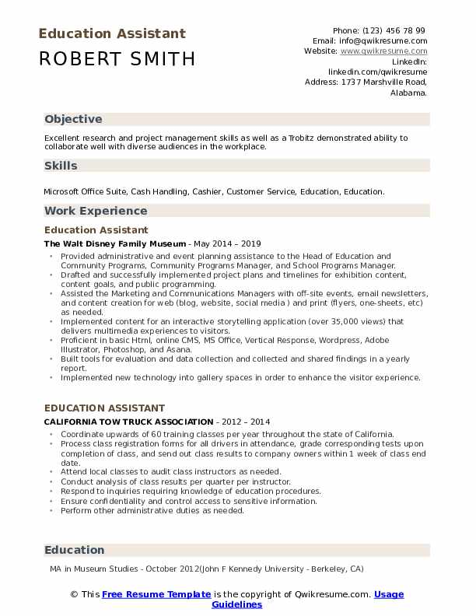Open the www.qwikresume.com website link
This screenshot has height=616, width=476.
383,51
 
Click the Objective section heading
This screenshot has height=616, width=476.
73,119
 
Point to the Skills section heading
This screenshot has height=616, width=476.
61,166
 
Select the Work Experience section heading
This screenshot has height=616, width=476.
96,211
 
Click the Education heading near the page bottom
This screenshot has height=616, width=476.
74,550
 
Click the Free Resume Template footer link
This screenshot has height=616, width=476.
156,594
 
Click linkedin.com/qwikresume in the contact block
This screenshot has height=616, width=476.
378,71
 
